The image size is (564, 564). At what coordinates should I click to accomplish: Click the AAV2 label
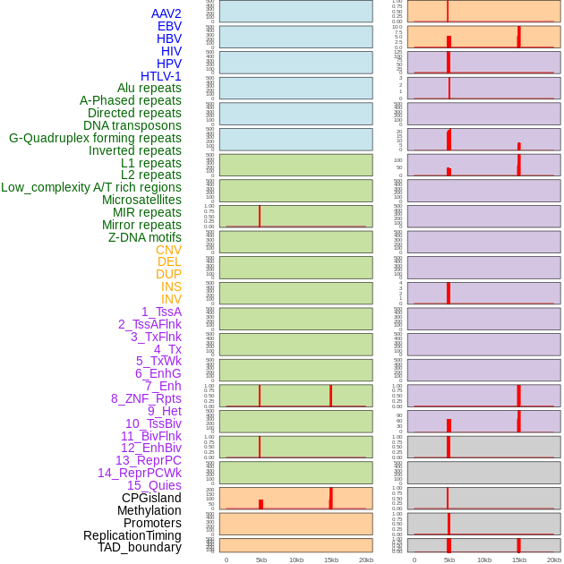(166, 13)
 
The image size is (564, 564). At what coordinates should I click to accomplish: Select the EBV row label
(169, 26)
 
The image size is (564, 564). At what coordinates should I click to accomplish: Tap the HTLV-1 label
(160, 76)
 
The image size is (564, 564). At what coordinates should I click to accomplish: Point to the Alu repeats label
(149, 88)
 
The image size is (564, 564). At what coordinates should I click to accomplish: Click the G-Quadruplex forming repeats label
(95, 138)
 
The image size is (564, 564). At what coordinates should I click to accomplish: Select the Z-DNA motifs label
(144, 237)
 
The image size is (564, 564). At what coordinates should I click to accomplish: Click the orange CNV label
(168, 250)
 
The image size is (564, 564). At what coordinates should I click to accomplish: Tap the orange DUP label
(168, 274)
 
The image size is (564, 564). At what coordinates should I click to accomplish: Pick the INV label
(171, 299)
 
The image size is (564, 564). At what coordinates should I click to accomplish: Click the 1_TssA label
(161, 312)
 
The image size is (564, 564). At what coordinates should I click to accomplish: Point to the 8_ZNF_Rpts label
(146, 398)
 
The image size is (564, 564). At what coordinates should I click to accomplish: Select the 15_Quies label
(153, 485)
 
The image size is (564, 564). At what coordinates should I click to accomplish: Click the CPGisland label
(151, 498)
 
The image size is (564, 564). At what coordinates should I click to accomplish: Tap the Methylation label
(149, 510)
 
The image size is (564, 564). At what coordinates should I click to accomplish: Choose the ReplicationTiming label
(132, 535)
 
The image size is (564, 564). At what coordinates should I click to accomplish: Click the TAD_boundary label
(139, 547)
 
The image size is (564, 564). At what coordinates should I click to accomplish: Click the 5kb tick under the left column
(261, 560)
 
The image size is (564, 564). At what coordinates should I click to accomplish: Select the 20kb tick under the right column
(554, 560)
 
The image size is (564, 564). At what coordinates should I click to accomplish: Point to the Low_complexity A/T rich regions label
(91, 187)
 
